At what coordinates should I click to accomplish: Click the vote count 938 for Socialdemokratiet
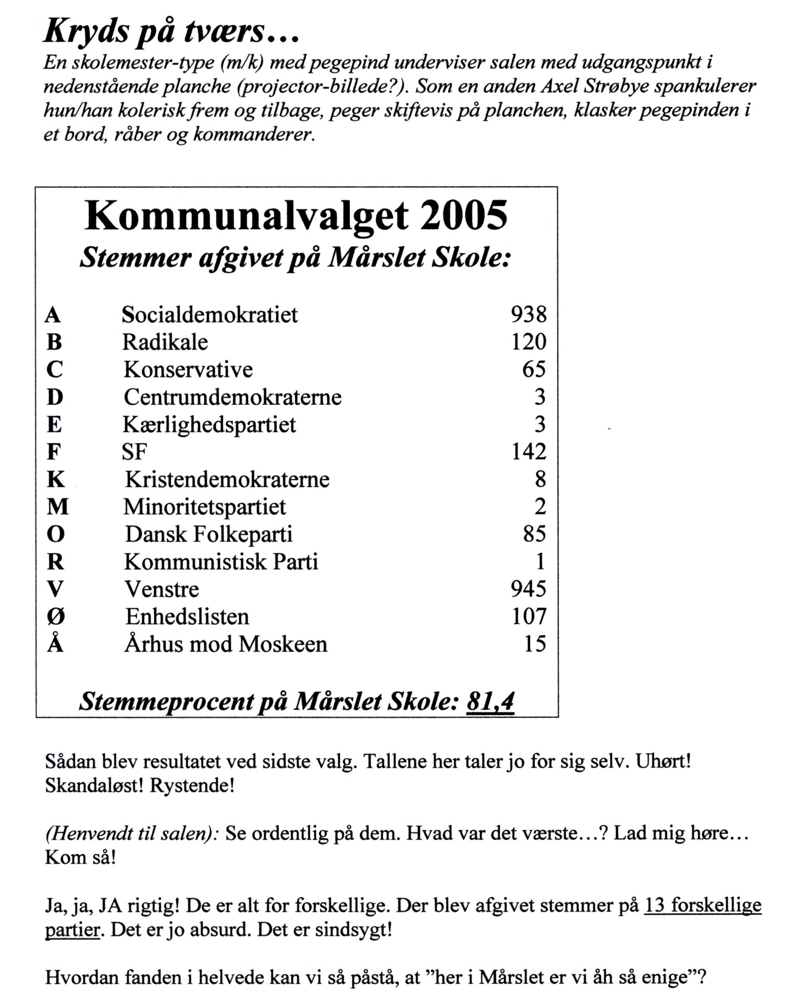tap(529, 314)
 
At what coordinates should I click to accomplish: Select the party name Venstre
tap(161, 589)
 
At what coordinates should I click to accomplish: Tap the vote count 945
tap(529, 589)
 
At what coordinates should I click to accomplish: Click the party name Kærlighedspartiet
tap(209, 424)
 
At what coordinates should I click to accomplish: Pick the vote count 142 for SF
tap(529, 451)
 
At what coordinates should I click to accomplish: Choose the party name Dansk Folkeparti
tap(209, 534)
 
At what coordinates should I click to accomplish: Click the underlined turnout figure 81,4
tap(490, 702)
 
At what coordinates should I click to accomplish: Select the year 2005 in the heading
tap(464, 216)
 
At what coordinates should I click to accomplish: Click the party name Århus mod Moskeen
tap(226, 644)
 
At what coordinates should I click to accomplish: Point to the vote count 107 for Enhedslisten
tap(529, 617)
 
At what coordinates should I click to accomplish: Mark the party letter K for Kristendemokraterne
tap(55, 479)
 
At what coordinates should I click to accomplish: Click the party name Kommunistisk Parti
tap(221, 562)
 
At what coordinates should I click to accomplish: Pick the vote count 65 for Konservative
tap(534, 369)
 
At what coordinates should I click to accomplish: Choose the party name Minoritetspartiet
tap(205, 507)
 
